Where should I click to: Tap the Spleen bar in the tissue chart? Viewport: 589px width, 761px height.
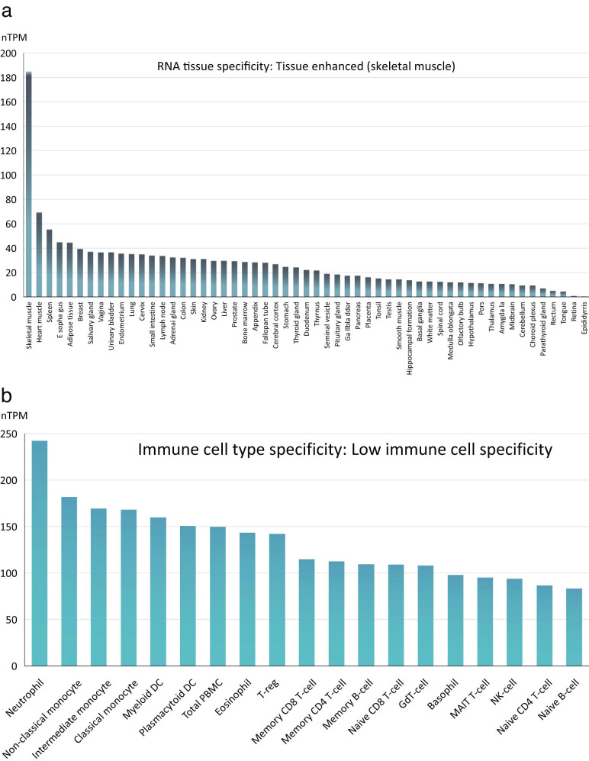point(49,263)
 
